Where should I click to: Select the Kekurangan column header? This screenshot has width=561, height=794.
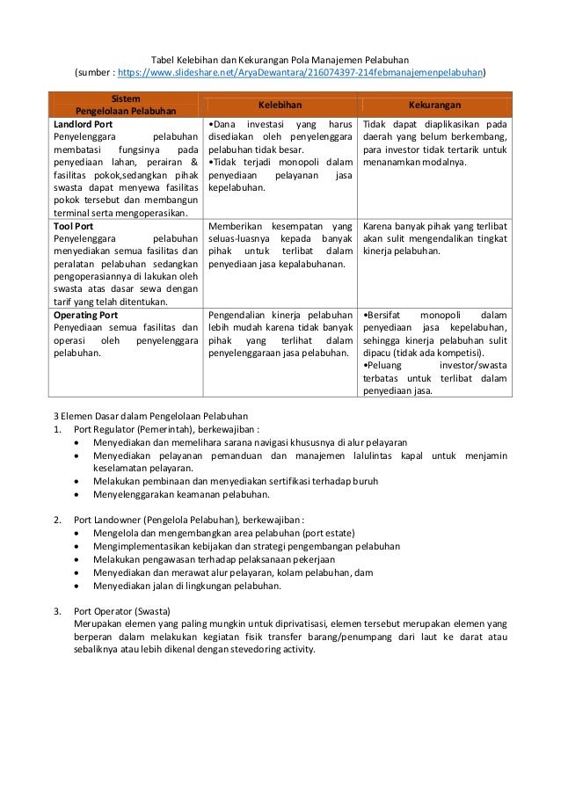pos(435,105)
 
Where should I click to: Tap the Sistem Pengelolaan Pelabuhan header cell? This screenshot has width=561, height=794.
pos(125,105)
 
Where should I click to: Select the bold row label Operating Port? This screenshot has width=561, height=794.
pos(84,314)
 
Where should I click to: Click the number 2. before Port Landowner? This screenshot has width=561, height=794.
pos(56,518)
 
